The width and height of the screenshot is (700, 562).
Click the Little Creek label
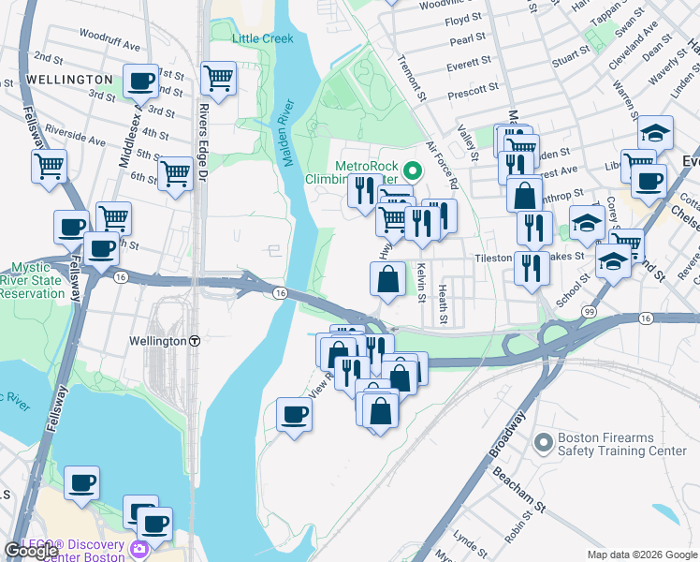(x=262, y=38)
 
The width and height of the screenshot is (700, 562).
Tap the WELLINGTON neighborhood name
(x=70, y=80)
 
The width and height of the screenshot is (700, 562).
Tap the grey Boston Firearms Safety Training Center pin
(x=541, y=440)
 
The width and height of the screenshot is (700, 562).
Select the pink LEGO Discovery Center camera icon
(x=139, y=548)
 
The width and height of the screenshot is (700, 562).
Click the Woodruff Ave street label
(x=109, y=45)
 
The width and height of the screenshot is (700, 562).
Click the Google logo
(x=31, y=551)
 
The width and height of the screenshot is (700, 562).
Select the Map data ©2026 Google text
(x=641, y=555)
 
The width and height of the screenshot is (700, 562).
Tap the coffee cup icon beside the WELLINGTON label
(x=140, y=81)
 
